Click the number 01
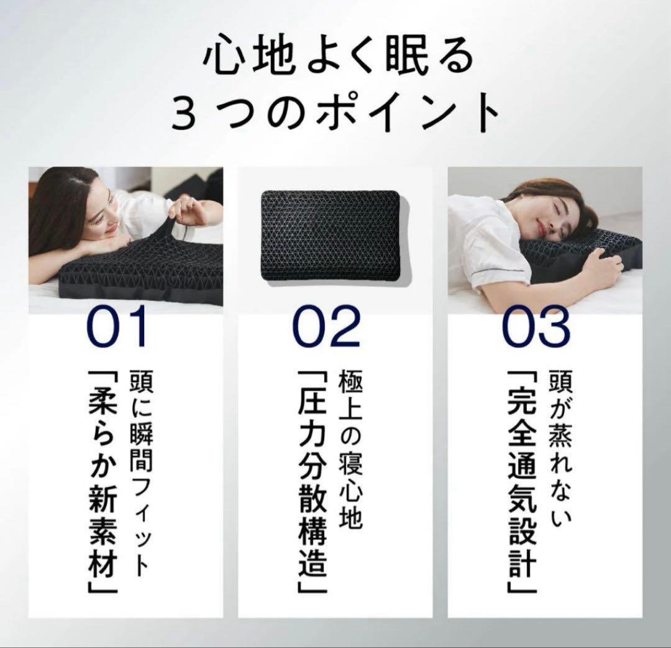(117, 326)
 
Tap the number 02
(326, 326)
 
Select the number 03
(536, 326)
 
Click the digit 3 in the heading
(183, 114)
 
